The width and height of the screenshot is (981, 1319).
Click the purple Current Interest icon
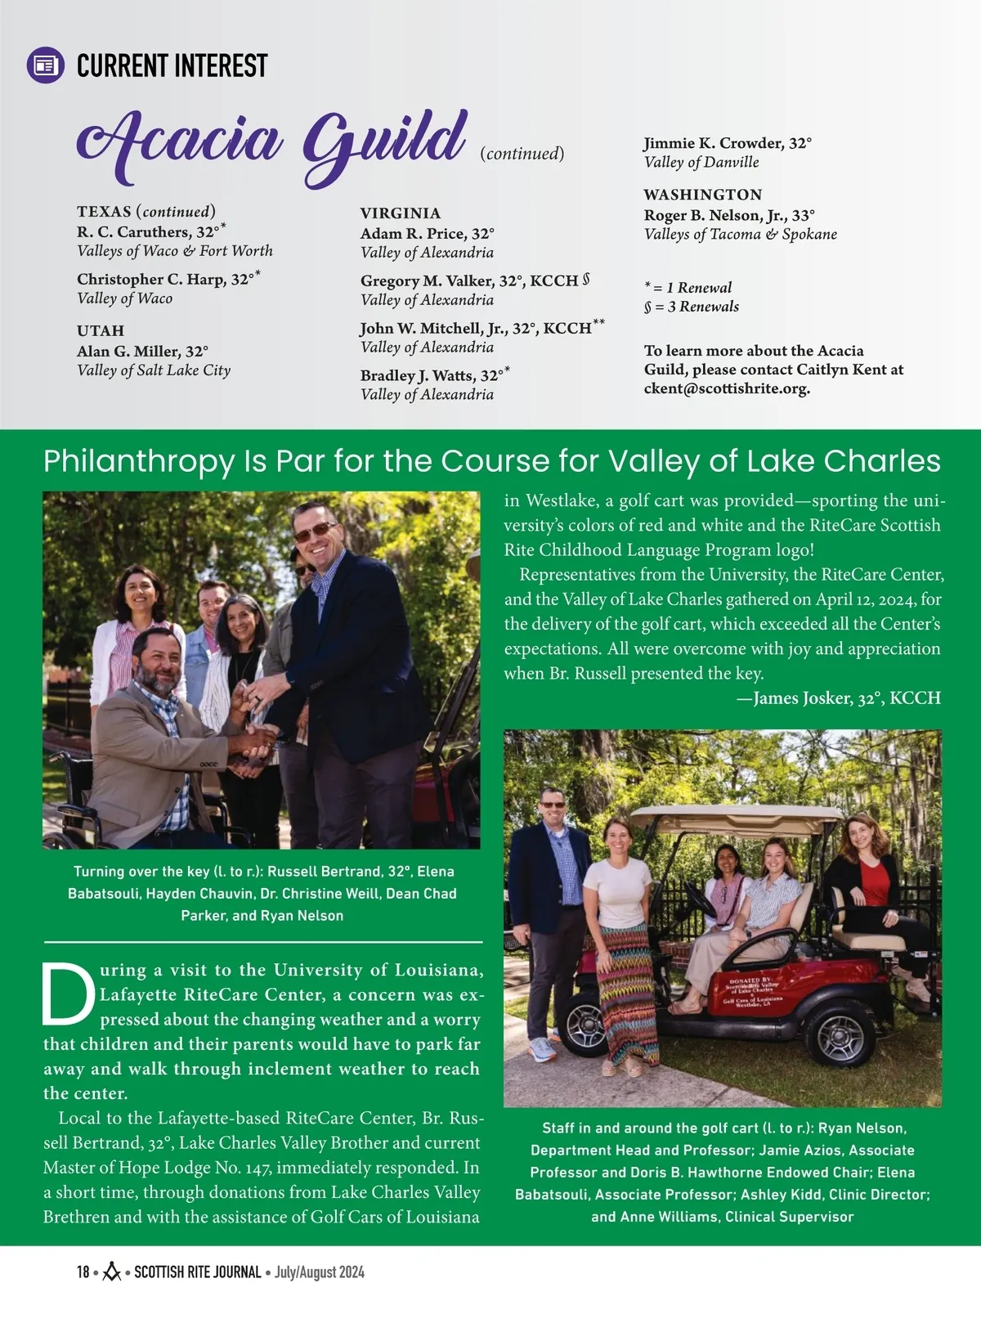click(46, 65)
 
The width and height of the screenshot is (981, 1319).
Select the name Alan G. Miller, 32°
click(142, 352)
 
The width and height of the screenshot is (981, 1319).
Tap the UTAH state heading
click(101, 330)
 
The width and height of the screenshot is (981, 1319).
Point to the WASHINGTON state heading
click(702, 195)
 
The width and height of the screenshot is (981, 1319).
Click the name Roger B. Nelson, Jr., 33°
click(729, 215)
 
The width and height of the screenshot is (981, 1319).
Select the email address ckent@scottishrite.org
click(727, 388)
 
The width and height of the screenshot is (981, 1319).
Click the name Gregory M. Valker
click(428, 280)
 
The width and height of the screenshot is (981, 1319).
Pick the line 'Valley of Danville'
click(701, 162)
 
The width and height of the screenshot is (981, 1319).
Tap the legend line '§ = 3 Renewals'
click(691, 307)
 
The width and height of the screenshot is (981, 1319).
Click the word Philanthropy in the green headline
click(138, 461)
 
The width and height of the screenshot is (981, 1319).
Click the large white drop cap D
click(69, 994)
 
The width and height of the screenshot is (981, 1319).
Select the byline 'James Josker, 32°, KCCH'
click(846, 698)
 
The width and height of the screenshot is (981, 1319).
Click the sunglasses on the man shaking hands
click(314, 532)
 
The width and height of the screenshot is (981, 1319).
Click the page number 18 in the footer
click(83, 1272)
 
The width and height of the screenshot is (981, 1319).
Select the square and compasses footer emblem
click(111, 1272)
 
